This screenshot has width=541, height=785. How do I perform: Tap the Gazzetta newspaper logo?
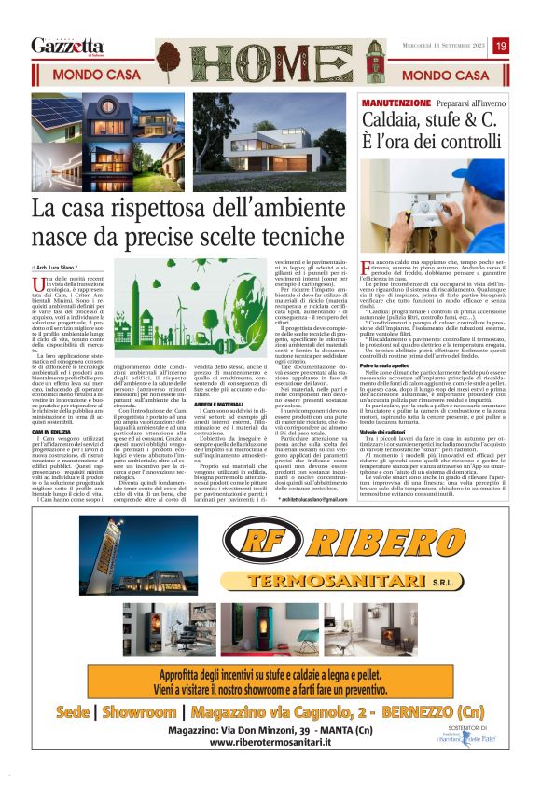67,46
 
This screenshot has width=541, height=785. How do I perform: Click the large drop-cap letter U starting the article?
36,284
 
